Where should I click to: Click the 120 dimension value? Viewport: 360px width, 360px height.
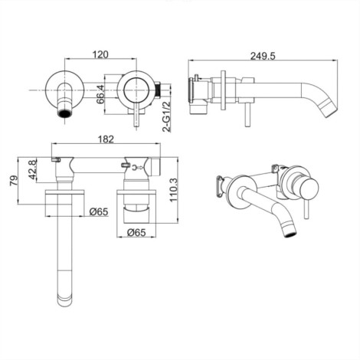tap(100, 54)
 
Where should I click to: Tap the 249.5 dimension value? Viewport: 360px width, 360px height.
tap(263, 56)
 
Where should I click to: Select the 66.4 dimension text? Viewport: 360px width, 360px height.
tap(100, 94)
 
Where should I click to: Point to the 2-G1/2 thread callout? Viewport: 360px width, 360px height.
tap(166, 116)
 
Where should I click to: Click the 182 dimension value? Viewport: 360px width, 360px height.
tap(106, 139)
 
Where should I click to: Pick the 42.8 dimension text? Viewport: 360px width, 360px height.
tap(32, 169)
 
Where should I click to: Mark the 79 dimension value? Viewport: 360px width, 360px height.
tap(15, 181)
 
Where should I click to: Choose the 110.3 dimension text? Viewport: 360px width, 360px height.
tap(174, 190)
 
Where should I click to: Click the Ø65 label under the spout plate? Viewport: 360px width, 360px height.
tap(99, 211)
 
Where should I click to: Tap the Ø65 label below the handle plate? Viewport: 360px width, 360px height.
tap(136, 232)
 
